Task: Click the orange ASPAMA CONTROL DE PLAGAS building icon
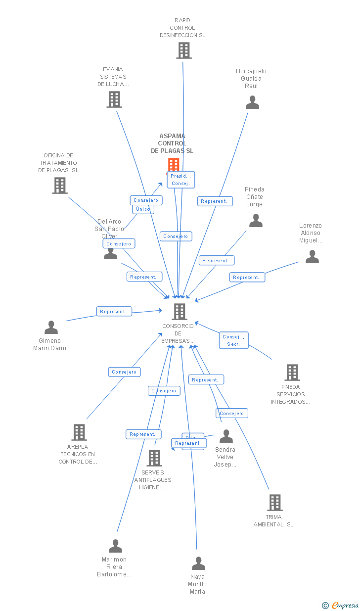[x=173, y=165]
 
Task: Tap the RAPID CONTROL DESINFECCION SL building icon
[x=183, y=50]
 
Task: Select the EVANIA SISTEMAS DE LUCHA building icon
[x=114, y=99]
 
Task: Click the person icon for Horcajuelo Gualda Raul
[x=252, y=102]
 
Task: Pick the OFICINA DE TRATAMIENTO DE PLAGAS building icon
[x=60, y=186]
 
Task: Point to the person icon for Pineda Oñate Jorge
[x=256, y=221]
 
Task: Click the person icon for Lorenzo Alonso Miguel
[x=312, y=257]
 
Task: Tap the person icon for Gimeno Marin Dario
[x=51, y=328]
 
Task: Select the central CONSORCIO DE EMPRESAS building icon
[x=180, y=312]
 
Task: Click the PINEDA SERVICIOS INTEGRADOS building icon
[x=292, y=373]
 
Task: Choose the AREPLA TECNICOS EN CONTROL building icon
[x=79, y=432]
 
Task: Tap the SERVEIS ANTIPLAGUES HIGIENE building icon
[x=154, y=458]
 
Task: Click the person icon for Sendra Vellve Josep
[x=226, y=436]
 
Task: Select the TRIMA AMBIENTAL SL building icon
[x=275, y=503]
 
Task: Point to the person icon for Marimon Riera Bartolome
[x=115, y=546]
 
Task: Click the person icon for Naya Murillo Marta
[x=198, y=564]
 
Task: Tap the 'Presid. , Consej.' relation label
[x=180, y=180]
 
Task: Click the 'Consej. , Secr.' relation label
[x=234, y=340]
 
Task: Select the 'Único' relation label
[x=143, y=209]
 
